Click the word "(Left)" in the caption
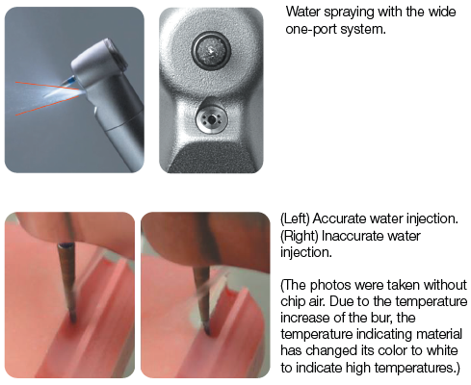coord(295,218)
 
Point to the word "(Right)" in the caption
coord(300,236)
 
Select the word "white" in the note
coord(445,350)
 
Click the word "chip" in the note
coord(293,301)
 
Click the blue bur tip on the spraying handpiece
coord(71,80)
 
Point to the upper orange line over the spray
coord(47,86)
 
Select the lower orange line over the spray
coord(47,105)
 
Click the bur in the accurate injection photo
coord(68,282)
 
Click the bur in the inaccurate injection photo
coord(202,301)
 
